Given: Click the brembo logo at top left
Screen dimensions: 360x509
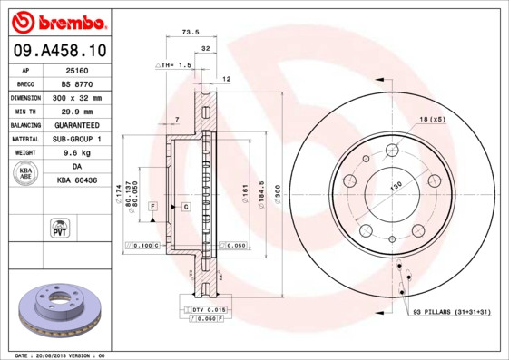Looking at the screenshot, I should click(x=56, y=20).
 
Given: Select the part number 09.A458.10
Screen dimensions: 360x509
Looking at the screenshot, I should click(x=56, y=51).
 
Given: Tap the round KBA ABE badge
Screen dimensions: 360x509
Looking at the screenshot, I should click(x=25, y=174).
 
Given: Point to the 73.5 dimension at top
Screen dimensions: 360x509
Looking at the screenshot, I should click(x=191, y=32).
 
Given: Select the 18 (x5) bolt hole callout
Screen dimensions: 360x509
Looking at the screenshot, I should click(x=433, y=119).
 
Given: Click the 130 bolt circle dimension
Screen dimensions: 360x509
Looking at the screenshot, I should click(x=396, y=186).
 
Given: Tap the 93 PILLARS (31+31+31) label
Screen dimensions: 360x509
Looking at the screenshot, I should click(x=450, y=312).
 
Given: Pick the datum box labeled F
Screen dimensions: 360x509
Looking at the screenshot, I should click(x=153, y=208).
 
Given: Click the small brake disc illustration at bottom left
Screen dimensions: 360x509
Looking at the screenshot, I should click(x=56, y=307).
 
